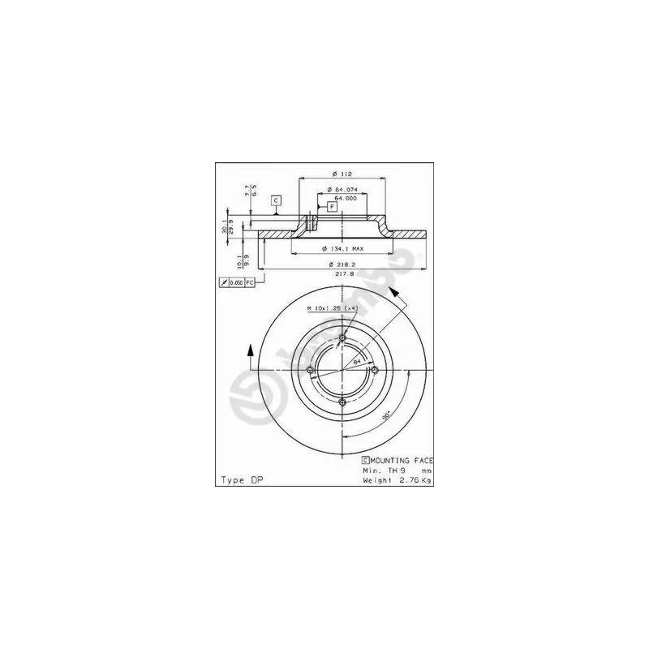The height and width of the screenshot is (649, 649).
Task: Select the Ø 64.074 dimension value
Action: point(341,190)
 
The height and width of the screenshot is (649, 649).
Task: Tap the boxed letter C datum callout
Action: point(276,200)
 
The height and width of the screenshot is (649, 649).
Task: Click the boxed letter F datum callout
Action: point(332,208)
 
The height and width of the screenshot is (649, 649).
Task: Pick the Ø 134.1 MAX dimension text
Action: point(342,248)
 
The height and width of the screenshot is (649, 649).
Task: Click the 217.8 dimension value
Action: point(346,274)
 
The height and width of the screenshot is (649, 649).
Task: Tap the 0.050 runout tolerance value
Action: point(236,282)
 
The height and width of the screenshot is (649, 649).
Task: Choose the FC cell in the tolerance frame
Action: point(250,282)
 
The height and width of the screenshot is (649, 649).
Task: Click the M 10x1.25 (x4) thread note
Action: point(333,309)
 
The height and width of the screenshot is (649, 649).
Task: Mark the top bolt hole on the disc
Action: point(342,339)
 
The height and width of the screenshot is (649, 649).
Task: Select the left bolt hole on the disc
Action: point(311,371)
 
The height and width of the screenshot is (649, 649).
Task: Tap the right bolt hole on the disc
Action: point(374,371)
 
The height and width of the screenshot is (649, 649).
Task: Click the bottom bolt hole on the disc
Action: point(342,402)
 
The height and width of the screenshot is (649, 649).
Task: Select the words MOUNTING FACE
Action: point(401,460)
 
